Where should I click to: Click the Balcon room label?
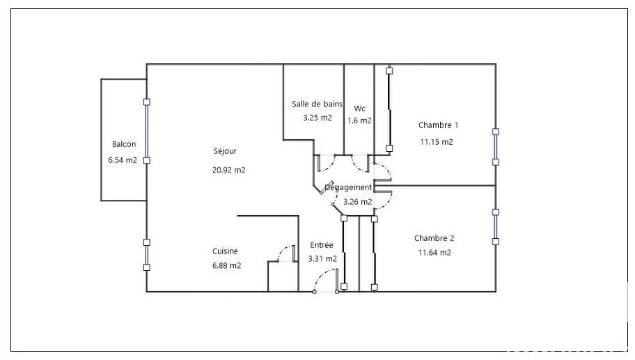point(124,144)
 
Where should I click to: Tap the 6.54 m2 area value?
point(123,160)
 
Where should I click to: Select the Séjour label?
point(225,151)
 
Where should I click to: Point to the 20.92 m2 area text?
point(229,170)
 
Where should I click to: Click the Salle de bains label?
point(317,104)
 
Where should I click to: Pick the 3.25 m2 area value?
point(317,118)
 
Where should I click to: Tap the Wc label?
point(359,108)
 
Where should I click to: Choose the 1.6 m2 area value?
point(359,120)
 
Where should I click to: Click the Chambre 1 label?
point(438,125)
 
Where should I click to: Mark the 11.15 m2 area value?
point(437,142)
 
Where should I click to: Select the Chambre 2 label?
point(434,238)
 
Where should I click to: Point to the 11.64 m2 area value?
point(434,253)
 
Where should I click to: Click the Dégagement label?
point(348,188)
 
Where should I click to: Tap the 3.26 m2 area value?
point(358,202)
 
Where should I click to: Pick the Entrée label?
point(322,245)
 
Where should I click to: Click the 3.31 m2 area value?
point(322,259)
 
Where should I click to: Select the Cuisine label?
point(225,251)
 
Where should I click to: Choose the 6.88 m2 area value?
point(227,265)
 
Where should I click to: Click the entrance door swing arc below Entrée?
point(321,274)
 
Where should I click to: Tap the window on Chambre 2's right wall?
point(495,227)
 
